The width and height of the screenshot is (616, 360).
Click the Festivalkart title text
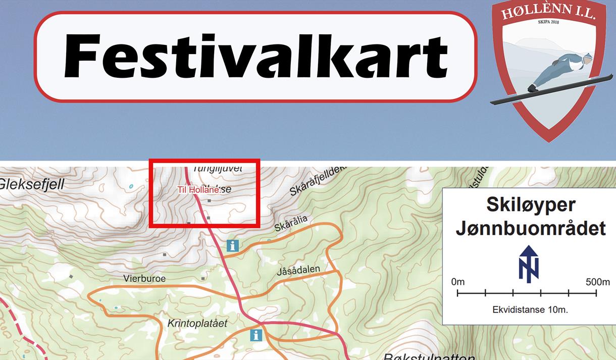tap(255, 56)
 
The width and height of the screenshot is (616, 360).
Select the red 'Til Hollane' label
tap(198, 190)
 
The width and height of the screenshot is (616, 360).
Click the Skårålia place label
tap(290, 224)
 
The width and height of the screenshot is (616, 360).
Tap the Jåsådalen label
tap(298, 270)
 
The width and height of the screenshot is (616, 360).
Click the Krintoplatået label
tap(197, 323)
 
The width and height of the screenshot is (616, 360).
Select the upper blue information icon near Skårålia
tap(233, 246)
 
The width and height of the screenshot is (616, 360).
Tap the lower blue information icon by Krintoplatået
tap(256, 335)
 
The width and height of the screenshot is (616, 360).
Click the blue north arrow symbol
tap(529, 264)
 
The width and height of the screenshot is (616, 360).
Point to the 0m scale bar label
tap(458, 282)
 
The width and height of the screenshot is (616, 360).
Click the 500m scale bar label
tap(597, 282)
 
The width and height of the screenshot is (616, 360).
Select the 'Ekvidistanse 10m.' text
tap(530, 310)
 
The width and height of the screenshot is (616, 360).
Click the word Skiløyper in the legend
tap(531, 204)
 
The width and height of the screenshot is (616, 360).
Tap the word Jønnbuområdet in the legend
tap(530, 228)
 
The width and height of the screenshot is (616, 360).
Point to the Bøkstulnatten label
tap(429, 356)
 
